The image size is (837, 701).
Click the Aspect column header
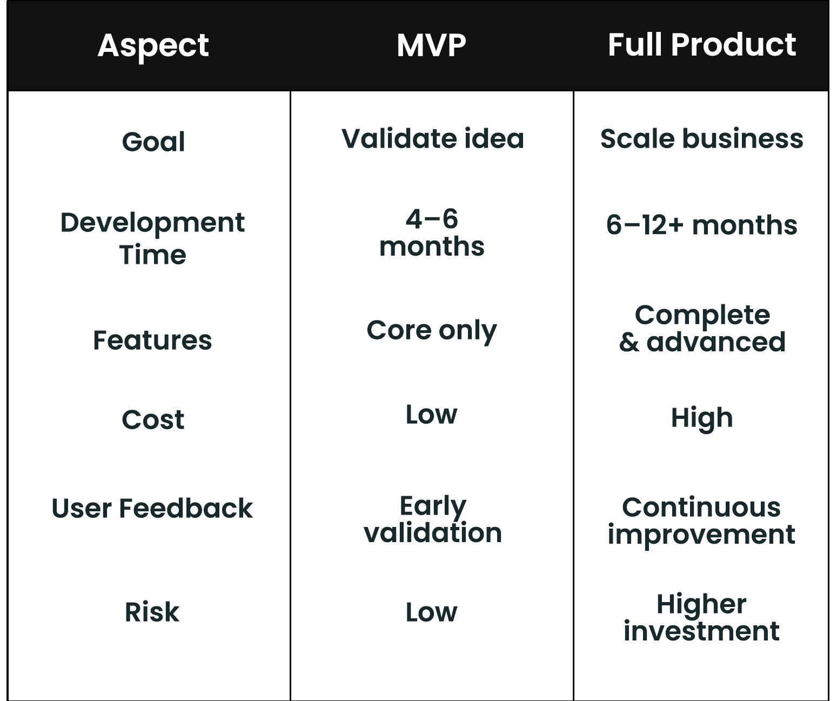pos(153,45)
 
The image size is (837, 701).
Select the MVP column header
pos(431,45)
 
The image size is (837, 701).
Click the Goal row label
pos(153,142)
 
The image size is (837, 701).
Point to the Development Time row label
pos(152,238)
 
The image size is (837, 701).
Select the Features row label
pos(152,341)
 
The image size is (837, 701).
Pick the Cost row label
pos(153,420)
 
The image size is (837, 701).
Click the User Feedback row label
pos(152,509)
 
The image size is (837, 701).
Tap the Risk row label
pos(152,612)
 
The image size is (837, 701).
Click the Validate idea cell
pos(432,139)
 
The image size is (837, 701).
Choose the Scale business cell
pos(701,139)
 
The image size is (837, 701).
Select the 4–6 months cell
pos(432,233)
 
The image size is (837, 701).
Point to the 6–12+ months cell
pos(701,225)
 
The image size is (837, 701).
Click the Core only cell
pos(431,331)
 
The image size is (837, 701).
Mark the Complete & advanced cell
pos(702,328)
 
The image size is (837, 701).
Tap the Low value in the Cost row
pos(431,415)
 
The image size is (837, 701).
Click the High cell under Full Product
pos(702,418)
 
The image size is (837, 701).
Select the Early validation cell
pos(433,519)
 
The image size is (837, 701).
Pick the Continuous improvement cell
pos(701,520)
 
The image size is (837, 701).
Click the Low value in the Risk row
pos(431,612)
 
